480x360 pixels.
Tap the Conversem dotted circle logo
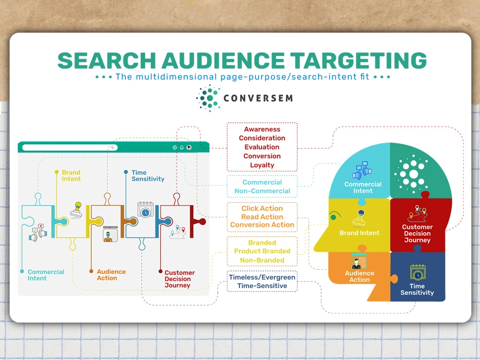[208, 98]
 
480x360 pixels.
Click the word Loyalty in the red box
[262, 165]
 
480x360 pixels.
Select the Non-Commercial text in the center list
[262, 191]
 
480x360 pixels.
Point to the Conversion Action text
[262, 225]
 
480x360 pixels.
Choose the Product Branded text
[262, 251]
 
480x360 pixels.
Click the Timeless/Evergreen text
[262, 277]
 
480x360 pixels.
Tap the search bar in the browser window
[70, 147]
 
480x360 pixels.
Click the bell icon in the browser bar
[182, 147]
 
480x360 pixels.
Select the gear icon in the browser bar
[175, 147]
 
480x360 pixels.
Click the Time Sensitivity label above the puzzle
[148, 176]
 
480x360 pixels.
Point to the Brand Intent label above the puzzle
[71, 176]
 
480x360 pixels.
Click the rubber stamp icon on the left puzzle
[77, 210]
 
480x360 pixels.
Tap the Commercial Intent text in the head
[363, 188]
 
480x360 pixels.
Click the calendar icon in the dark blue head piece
[418, 273]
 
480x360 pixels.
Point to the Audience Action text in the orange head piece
[360, 276]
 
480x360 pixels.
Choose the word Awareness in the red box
[262, 129]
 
